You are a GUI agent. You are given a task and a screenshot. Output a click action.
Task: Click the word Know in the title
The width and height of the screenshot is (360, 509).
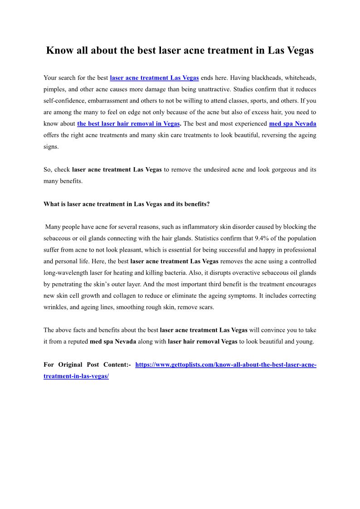pos(60,50)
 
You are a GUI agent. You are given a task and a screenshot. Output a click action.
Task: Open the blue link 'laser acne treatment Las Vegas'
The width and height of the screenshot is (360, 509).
pos(154,78)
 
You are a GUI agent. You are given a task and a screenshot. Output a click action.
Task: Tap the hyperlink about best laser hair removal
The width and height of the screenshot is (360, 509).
pos(129,123)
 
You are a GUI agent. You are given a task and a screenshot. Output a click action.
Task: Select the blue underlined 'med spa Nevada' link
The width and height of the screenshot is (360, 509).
pos(292,123)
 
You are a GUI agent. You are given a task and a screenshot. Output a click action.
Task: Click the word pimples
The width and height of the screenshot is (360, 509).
pos(54,89)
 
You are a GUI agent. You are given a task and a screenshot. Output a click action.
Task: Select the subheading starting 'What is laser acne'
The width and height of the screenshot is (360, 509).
pos(126,204)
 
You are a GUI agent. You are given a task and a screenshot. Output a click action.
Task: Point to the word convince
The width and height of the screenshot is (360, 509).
pos(273,330)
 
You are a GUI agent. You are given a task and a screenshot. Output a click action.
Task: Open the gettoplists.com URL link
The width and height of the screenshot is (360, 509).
pos(225,364)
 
